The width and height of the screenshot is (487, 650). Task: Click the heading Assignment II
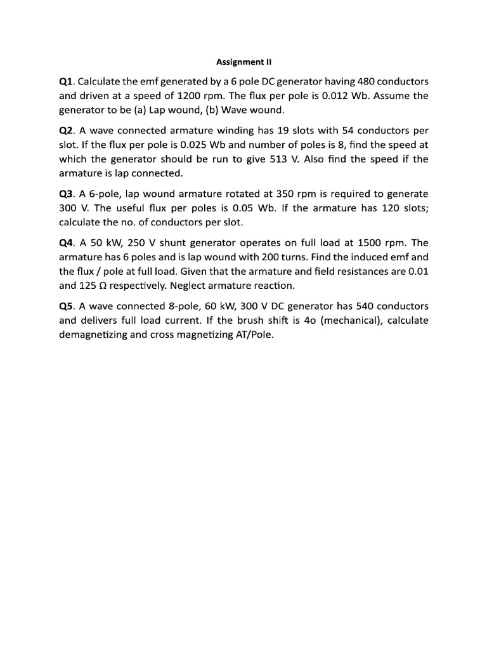243,62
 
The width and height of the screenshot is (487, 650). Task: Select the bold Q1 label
67,82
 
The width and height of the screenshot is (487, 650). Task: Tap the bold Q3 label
67,194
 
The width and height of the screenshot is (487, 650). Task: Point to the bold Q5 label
67,306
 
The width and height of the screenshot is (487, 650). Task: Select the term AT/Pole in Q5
252,335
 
